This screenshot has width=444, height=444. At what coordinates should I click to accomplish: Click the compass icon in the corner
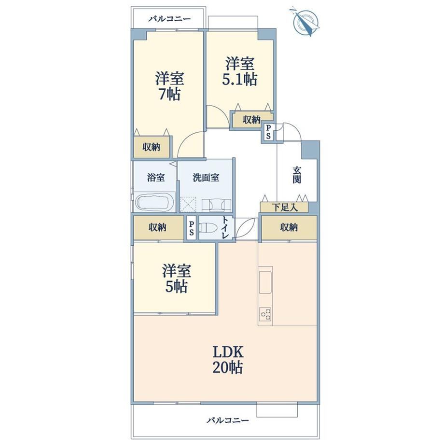click(x=305, y=22)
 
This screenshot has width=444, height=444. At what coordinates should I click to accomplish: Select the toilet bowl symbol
click(x=208, y=227)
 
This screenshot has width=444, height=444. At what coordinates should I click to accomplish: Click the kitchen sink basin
click(x=265, y=282)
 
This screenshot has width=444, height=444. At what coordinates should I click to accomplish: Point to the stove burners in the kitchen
click(x=265, y=314)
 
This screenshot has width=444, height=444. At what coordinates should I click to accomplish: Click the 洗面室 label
click(x=206, y=178)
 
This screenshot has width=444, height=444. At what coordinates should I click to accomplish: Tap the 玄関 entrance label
click(x=297, y=175)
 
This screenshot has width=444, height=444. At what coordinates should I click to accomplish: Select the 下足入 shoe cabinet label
click(x=285, y=208)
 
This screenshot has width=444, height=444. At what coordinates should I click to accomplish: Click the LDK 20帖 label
click(x=228, y=360)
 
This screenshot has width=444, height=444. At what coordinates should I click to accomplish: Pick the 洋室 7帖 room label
click(x=169, y=86)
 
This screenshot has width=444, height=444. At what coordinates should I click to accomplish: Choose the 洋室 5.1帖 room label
click(x=239, y=71)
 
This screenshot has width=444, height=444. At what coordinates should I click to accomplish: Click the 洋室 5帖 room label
click(x=177, y=278)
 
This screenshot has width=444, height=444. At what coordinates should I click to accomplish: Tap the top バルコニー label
click(x=170, y=19)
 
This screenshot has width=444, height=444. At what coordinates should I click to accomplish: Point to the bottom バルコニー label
click(x=228, y=420)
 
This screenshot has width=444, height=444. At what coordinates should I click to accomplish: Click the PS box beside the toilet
click(x=192, y=228)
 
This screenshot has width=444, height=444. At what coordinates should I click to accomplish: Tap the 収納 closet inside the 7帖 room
click(x=152, y=147)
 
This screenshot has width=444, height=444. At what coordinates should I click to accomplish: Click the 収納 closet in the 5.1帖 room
click(x=252, y=120)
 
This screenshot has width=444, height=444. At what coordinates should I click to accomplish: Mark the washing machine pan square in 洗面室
click(x=187, y=205)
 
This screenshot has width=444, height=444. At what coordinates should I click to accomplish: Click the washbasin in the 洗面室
click(x=217, y=205)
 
